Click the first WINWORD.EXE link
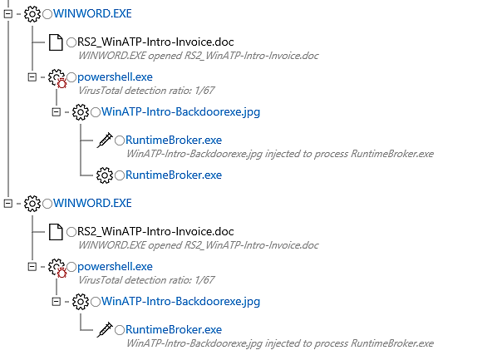coord(92,13)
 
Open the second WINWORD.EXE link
coord(92,203)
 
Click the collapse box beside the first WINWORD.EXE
coord(8,14)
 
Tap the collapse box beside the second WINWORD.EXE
coord(8,204)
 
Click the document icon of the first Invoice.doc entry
coord(56,42)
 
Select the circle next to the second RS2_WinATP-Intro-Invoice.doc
coord(71,232)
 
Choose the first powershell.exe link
coord(115,77)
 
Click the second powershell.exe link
coord(115,267)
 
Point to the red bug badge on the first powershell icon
coord(62,83)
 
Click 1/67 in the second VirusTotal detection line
coord(204,280)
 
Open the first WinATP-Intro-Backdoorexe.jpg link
coord(181,111)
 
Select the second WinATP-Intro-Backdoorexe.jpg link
coord(181,301)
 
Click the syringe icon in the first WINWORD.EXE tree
coord(105,140)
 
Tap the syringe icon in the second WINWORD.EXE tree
coord(105,329)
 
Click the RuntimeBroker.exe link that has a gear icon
coord(174,175)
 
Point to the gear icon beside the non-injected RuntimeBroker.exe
coord(105,175)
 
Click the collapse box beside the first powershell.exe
coord(32,77)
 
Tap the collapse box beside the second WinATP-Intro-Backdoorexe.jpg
coord(57,302)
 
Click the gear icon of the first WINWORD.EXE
coord(32,14)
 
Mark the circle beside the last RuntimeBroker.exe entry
coord(120,330)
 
